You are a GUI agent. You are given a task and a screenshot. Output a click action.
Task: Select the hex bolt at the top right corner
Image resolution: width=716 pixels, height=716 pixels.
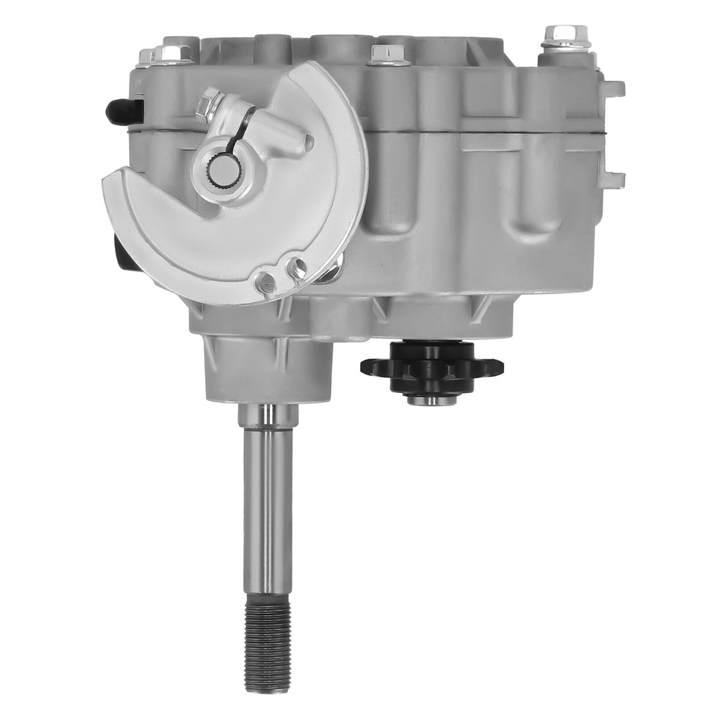pyautogui.click(x=566, y=36)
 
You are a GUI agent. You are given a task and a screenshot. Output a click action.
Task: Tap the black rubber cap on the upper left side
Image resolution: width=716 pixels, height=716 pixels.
pyautogui.click(x=119, y=111)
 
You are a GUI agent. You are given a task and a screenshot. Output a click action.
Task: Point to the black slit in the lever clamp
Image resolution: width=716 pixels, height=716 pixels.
pyautogui.click(x=240, y=131)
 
